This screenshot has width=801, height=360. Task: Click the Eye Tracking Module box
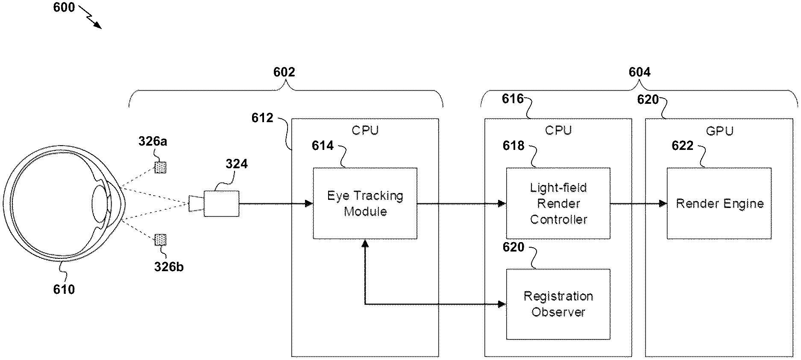pyautogui.click(x=365, y=203)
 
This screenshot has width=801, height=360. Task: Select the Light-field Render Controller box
pyautogui.click(x=558, y=203)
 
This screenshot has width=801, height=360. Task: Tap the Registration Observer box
pyautogui.click(x=558, y=304)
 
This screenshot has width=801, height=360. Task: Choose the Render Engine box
pyautogui.click(x=719, y=203)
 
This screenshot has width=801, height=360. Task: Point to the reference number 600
pyautogui.click(x=64, y=7)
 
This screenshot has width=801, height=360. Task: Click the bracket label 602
pyautogui.click(x=284, y=72)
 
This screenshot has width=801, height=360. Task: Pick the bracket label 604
pyautogui.click(x=639, y=72)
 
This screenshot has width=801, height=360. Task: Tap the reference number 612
pyautogui.click(x=262, y=118)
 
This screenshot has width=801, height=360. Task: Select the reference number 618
pyautogui.click(x=513, y=146)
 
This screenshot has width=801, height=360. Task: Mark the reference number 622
pyautogui.click(x=682, y=146)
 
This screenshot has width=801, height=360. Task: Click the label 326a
pyautogui.click(x=153, y=141)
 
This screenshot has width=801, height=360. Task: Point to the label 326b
pyautogui.click(x=169, y=267)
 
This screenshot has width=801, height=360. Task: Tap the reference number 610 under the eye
pyautogui.click(x=64, y=290)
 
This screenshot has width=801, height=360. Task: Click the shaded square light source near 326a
pyautogui.click(x=161, y=167)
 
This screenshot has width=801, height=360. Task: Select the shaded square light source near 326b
pyautogui.click(x=161, y=240)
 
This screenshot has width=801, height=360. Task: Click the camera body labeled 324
pyautogui.click(x=221, y=204)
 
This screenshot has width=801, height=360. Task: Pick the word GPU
pyautogui.click(x=719, y=131)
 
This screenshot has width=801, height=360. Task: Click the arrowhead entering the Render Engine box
pyautogui.click(x=663, y=203)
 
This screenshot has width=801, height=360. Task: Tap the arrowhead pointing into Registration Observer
pyautogui.click(x=502, y=304)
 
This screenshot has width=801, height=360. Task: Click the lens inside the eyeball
pyautogui.click(x=99, y=204)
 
